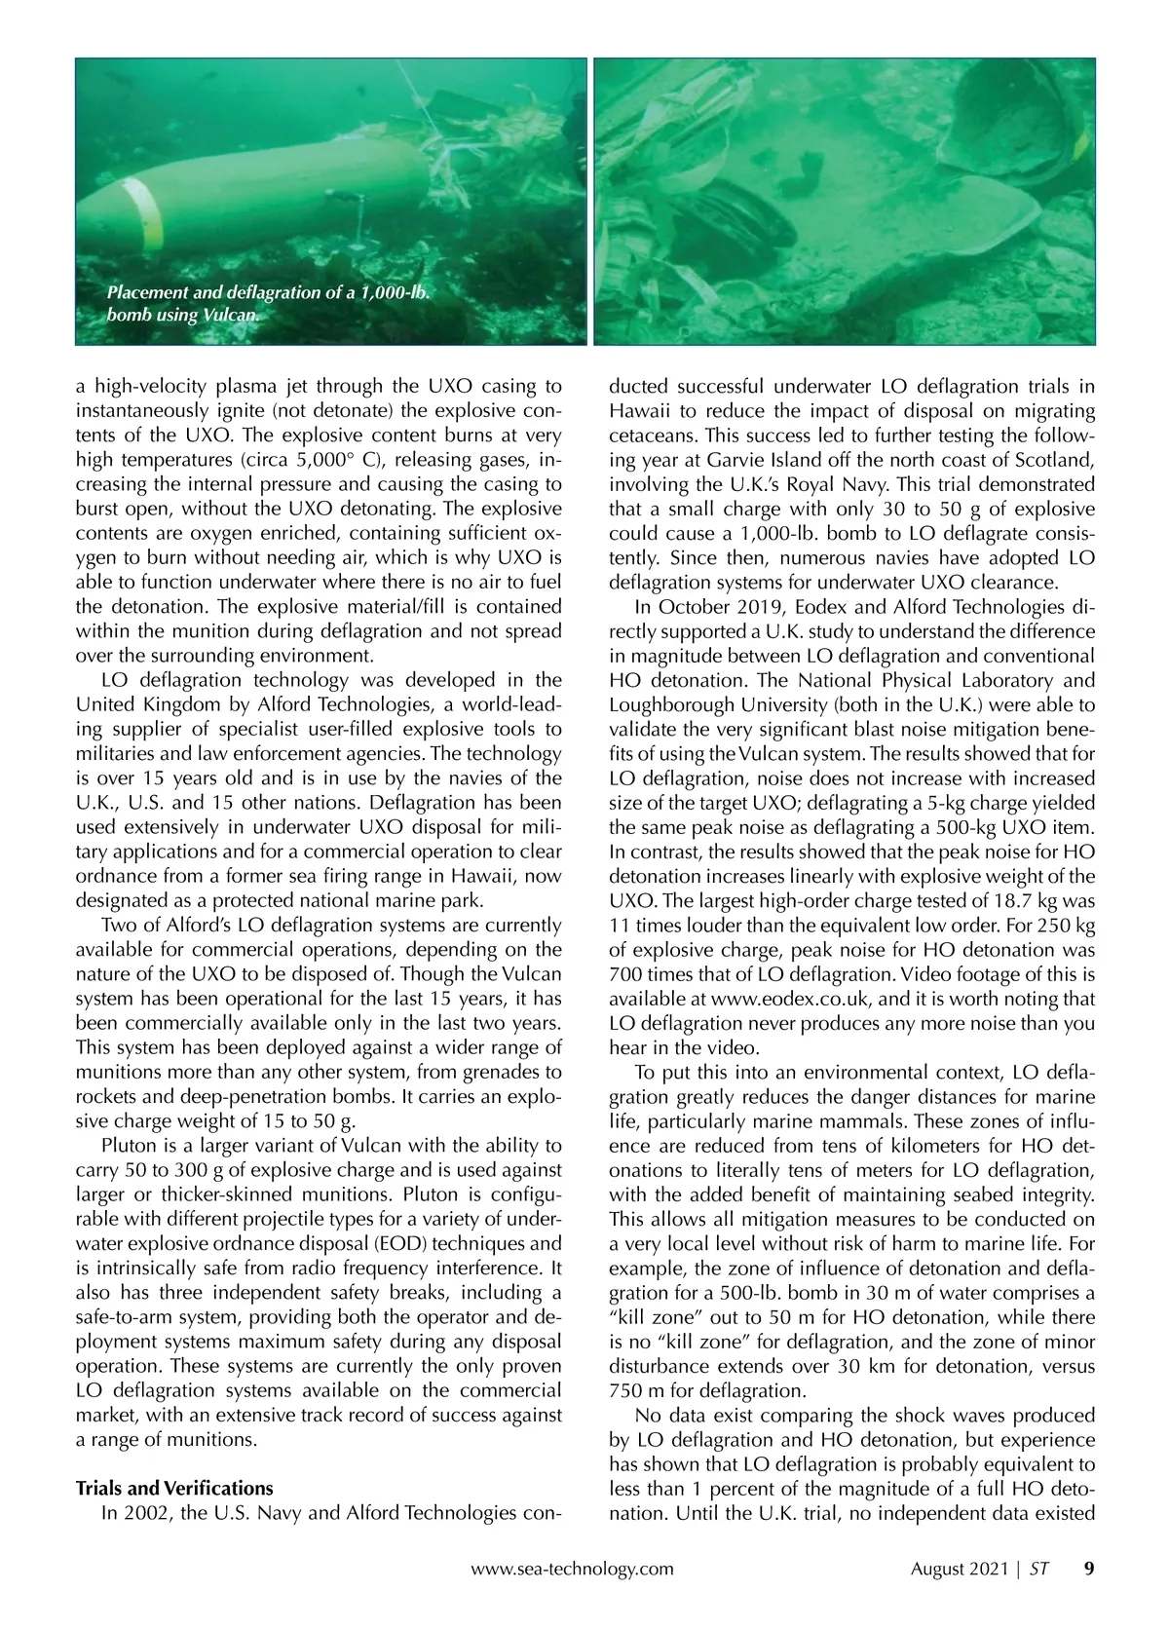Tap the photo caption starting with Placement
pyautogui.click(x=269, y=304)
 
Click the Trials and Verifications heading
pyautogui.click(x=174, y=1488)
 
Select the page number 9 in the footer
pyautogui.click(x=1089, y=1569)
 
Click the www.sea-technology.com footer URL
pyautogui.click(x=572, y=1569)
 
